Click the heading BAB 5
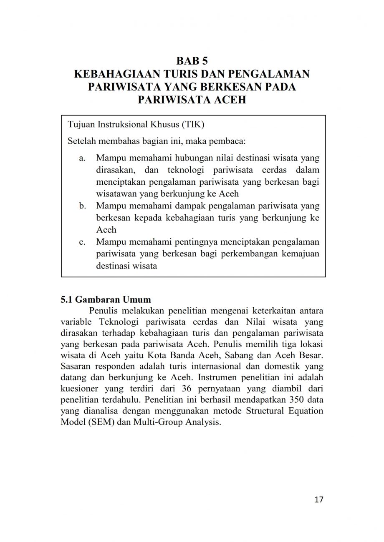pyautogui.click(x=192, y=61)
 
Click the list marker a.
pyautogui.click(x=82, y=158)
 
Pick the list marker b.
pyautogui.click(x=82, y=206)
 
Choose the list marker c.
pyautogui.click(x=82, y=242)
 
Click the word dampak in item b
pyautogui.click(x=190, y=206)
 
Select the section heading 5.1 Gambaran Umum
pyautogui.click(x=106, y=300)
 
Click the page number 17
pyautogui.click(x=319, y=499)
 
